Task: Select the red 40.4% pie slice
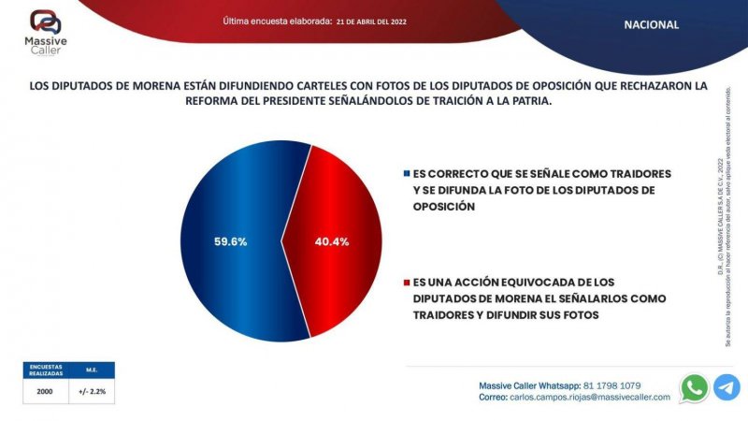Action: (346, 271)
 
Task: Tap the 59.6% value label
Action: (229, 241)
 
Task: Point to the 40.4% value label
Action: (331, 241)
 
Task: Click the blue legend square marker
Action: (406, 174)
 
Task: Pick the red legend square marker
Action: (406, 282)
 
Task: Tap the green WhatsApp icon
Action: (694, 387)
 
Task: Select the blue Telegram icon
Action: (726, 387)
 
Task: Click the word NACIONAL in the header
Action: (651, 25)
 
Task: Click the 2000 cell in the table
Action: (45, 393)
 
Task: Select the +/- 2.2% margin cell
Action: (91, 393)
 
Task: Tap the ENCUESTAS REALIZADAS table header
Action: (45, 370)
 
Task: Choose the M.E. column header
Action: (91, 370)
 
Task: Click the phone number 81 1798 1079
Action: (611, 385)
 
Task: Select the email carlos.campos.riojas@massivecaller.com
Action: (590, 398)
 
